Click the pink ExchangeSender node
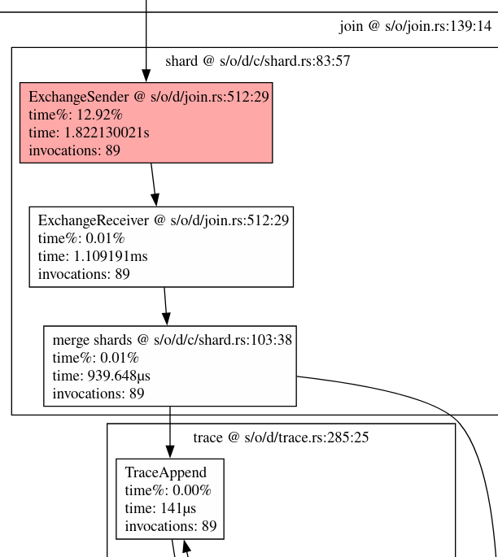(x=146, y=123)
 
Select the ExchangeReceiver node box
(x=161, y=246)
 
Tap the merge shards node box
(x=169, y=366)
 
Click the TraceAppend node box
(x=169, y=498)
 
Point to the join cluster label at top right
(x=415, y=27)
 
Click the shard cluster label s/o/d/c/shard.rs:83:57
(x=257, y=61)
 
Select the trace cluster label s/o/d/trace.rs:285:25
(x=281, y=437)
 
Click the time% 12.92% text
(x=75, y=115)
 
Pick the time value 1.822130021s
(x=89, y=133)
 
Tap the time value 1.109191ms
(x=93, y=256)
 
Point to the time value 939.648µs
(x=102, y=376)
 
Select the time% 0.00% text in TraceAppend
(x=168, y=490)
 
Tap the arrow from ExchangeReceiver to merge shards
(x=166, y=306)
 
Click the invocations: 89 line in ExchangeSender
(x=75, y=150)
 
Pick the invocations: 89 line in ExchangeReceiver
(x=84, y=274)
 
